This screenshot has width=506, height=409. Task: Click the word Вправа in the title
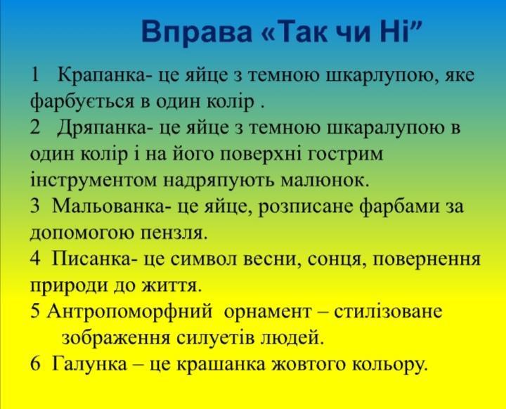(197, 32)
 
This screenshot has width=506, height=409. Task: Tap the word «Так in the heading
(294, 32)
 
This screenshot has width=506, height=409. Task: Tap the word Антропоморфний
(130, 312)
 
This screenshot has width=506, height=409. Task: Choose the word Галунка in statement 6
(89, 365)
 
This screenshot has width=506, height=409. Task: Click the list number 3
(35, 206)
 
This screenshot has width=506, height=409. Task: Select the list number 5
(35, 311)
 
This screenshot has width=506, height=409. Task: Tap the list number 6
(35, 364)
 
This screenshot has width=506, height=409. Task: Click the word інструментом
(94, 180)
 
